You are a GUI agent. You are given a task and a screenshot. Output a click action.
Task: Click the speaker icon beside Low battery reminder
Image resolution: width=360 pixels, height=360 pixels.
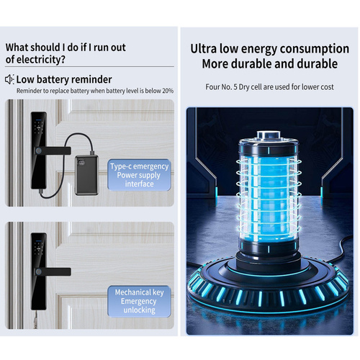pyautogui.click(x=9, y=79)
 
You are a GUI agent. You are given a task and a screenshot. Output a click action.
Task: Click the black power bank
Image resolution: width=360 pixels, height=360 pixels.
pyautogui.click(x=86, y=175)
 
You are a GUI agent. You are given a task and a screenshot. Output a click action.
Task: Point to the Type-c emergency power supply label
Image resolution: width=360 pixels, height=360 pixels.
pyautogui.click(x=139, y=175)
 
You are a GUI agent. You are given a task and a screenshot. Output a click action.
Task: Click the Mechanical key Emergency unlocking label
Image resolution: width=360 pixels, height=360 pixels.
pyautogui.click(x=139, y=301)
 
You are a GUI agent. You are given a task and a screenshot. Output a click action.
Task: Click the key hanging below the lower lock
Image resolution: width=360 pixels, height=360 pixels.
pyautogui.click(x=36, y=320)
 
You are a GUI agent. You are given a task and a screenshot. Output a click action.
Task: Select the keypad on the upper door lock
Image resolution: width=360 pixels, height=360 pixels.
pyautogui.click(x=38, y=127)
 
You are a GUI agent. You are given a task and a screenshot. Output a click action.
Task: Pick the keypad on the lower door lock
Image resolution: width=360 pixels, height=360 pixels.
pyautogui.click(x=38, y=248)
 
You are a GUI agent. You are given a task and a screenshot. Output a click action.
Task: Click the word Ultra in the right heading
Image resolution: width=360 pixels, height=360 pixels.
pyautogui.click(x=204, y=49)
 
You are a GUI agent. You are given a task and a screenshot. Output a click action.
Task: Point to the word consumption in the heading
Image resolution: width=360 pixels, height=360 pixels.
pyautogui.click(x=315, y=49)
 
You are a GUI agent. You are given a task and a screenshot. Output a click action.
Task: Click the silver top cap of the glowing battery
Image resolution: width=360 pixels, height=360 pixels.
pyautogui.click(x=269, y=135)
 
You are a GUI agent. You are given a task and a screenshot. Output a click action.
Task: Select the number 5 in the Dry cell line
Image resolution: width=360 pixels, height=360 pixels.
pyautogui.click(x=235, y=87)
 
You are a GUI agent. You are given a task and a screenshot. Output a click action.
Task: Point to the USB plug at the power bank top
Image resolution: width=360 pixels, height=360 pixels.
pyautogui.click(x=92, y=153)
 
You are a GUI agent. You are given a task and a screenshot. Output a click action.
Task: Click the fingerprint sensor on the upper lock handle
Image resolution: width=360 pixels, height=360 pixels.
pyautogui.click(x=38, y=150)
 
